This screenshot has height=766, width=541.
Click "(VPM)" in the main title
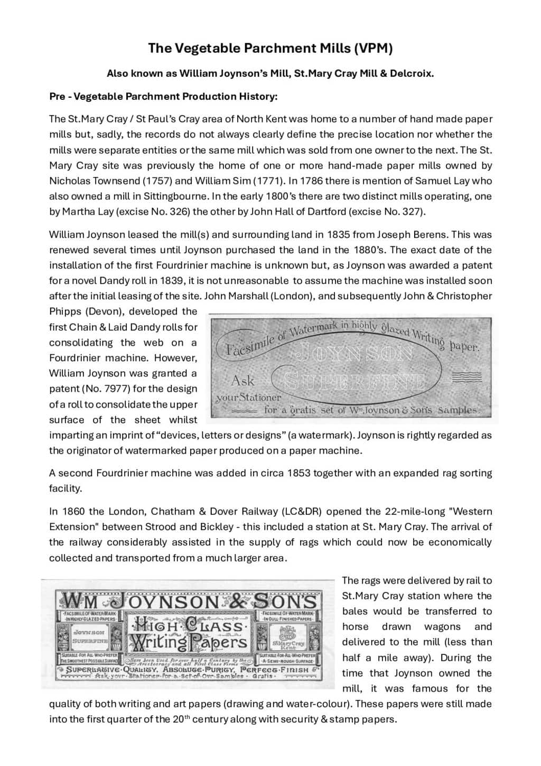coord(374,48)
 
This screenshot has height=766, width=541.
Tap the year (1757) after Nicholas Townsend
coord(153,181)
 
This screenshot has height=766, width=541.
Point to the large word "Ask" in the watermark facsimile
coord(243,381)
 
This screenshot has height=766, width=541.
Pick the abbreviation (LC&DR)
coord(302,511)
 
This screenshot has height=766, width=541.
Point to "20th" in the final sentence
coord(181,719)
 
